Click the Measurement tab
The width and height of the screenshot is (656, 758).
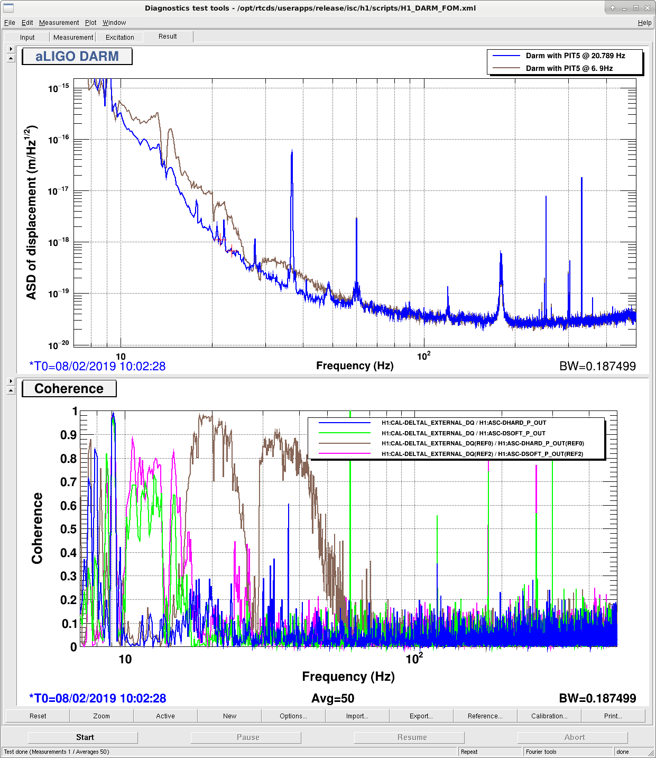tap(73, 38)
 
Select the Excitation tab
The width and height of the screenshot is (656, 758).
tap(119, 38)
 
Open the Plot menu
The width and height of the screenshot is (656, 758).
tap(90, 23)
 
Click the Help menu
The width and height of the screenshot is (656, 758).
tap(644, 23)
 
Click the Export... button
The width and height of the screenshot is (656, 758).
tap(421, 716)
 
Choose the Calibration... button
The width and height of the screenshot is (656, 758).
tap(549, 716)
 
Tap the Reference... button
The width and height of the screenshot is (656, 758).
tap(485, 716)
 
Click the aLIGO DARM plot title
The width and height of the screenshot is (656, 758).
tap(77, 57)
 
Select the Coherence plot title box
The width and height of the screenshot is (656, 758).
tap(69, 388)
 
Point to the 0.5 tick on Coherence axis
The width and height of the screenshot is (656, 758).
tap(69, 529)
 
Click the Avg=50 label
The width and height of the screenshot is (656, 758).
tap(333, 698)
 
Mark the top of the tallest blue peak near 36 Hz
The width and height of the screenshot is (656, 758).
tap(292, 150)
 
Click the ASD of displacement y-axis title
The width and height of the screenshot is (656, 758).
tap(32, 213)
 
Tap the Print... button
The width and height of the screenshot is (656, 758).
tap(613, 716)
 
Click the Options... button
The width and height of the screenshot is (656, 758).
tap(293, 716)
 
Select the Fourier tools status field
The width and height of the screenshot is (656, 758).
tap(567, 752)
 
